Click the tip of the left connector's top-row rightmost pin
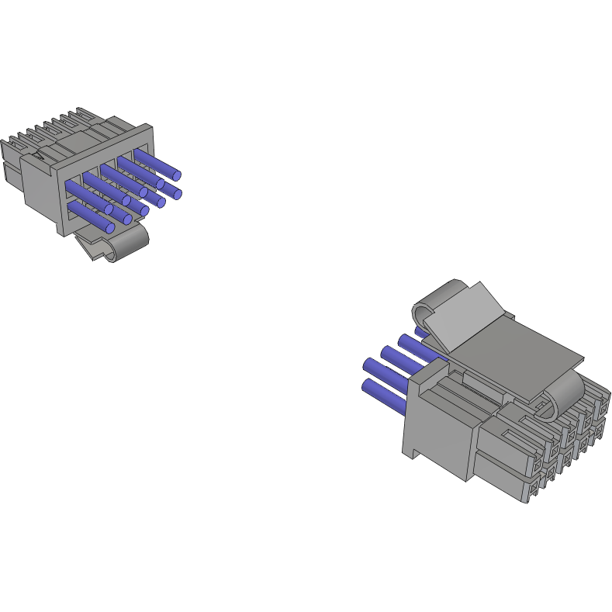(178, 174)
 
